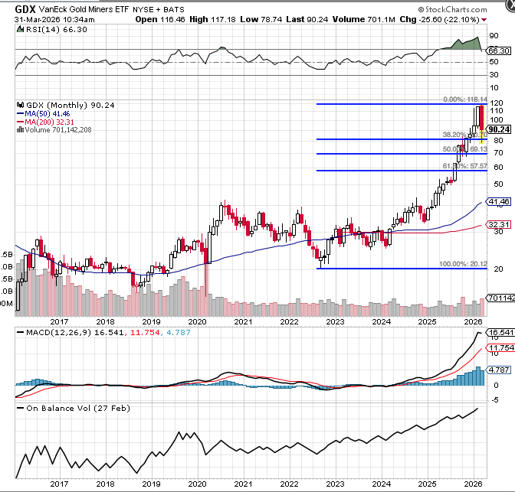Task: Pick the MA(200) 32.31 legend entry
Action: (48, 122)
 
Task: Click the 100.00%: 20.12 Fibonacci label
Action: (463, 264)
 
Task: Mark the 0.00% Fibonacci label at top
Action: (464, 99)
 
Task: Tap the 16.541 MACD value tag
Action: (500, 333)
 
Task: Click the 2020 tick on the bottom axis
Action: (198, 483)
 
